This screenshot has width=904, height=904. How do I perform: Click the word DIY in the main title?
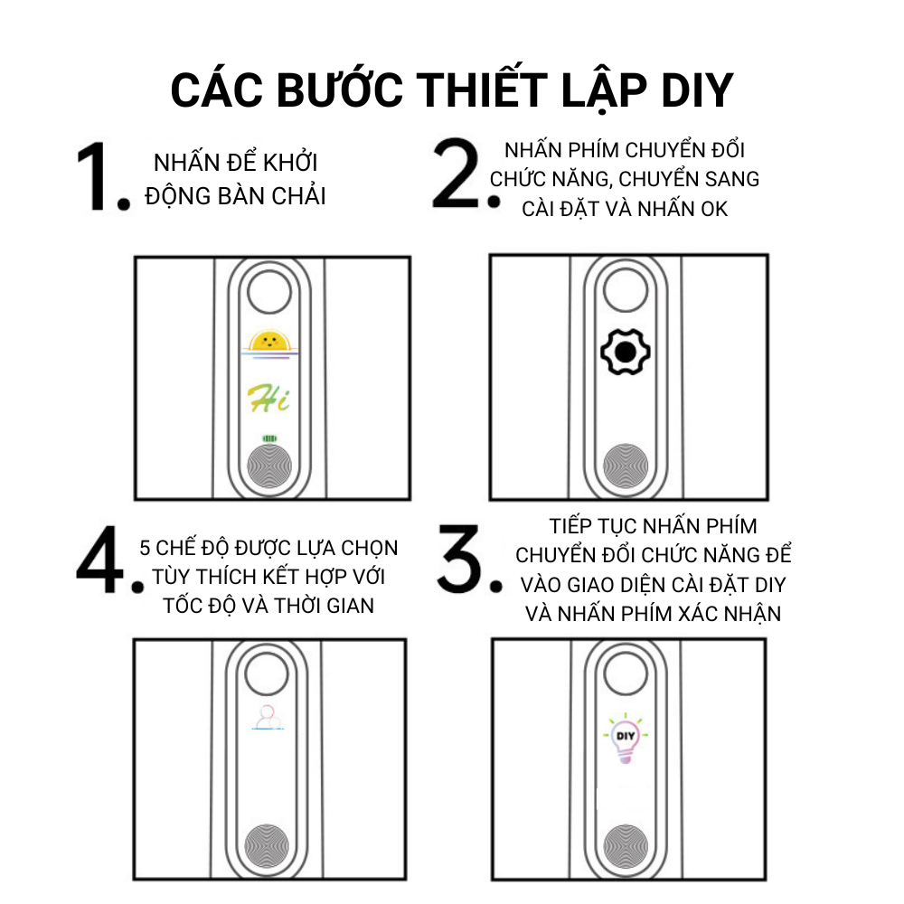(696, 90)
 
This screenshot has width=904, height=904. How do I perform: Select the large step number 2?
(456, 173)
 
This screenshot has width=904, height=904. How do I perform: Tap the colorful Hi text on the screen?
(268, 398)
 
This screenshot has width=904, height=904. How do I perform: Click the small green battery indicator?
(269, 438)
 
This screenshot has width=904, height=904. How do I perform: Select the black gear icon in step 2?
(626, 352)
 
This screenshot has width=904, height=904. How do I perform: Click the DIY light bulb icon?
(626, 738)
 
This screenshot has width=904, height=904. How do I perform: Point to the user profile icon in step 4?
(268, 717)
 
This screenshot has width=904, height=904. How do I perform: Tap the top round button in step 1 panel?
(269, 292)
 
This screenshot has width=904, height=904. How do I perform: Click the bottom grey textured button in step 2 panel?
(626, 466)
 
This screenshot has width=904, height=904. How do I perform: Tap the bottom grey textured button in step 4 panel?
(267, 846)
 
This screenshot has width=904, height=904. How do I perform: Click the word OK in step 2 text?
(714, 209)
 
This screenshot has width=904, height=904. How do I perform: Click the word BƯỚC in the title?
(340, 89)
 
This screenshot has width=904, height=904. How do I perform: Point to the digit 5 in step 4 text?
(145, 548)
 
